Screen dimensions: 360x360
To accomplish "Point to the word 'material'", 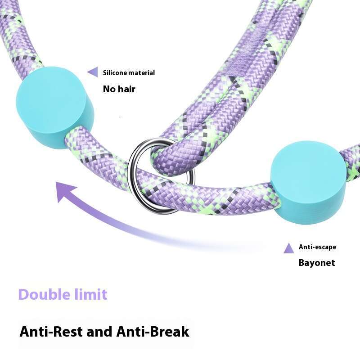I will coord(142,72).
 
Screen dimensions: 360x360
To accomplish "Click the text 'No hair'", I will coord(119,89).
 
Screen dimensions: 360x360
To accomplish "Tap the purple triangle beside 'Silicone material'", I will coord(93,72).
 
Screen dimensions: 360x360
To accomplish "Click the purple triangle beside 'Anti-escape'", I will coord(289,248).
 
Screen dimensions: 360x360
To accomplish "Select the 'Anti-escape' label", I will coord(317,247).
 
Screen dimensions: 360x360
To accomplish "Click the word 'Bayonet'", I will coord(317,263).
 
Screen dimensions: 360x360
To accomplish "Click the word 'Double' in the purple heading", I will coord(43,295).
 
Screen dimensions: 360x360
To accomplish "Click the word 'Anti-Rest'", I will coord(51,332).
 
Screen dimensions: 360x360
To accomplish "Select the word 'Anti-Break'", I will coord(153,332).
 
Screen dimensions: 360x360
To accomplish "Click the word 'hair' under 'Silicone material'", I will coord(126,89).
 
